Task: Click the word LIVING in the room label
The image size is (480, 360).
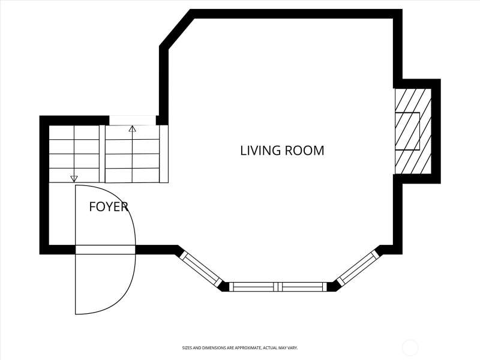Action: click(x=260, y=151)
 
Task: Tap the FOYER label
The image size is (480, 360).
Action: click(x=109, y=207)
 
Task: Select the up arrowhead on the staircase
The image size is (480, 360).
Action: click(x=132, y=128)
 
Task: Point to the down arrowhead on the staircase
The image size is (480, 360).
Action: click(x=74, y=179)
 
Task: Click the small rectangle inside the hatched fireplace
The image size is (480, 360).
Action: click(x=407, y=131)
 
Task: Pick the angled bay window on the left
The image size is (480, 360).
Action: click(x=201, y=268)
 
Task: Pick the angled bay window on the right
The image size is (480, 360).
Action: click(x=358, y=268)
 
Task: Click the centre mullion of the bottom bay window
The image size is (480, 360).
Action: click(x=278, y=287)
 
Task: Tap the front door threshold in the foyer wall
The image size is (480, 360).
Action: click(x=106, y=250)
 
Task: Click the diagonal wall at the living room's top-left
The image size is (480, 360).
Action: click(x=176, y=29)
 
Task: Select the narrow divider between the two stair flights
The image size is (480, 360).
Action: click(x=102, y=154)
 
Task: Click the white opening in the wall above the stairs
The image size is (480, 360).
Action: click(x=133, y=121)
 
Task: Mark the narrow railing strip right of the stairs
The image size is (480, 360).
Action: click(x=164, y=154)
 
